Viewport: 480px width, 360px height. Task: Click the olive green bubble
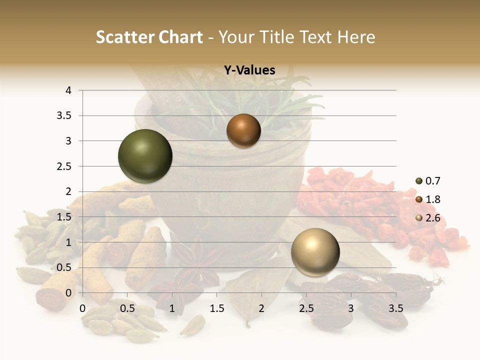(x=145, y=156)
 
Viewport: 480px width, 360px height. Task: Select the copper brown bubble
(x=243, y=131)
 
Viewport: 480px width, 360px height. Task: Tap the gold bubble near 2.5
(x=315, y=252)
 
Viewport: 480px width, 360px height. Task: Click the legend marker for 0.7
(x=418, y=181)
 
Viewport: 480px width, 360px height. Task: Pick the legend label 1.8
(x=433, y=199)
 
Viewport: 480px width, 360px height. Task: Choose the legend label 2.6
(x=433, y=218)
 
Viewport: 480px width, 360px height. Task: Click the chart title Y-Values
(x=249, y=70)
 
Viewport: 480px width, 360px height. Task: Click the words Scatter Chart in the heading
(x=149, y=37)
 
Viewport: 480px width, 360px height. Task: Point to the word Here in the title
(x=356, y=37)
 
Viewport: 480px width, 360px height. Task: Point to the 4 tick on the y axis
(x=68, y=90)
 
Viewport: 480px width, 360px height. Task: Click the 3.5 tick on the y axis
(x=65, y=116)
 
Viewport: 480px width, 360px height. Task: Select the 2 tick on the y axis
(x=68, y=191)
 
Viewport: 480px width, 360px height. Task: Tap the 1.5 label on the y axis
(x=65, y=217)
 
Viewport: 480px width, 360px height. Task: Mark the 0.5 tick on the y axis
(x=65, y=267)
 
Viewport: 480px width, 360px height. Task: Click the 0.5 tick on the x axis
(x=127, y=308)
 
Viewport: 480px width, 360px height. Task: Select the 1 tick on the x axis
(x=172, y=308)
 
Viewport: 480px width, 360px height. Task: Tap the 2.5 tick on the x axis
(x=306, y=308)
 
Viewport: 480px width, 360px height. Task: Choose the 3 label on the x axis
(x=350, y=308)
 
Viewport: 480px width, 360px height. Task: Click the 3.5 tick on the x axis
(x=395, y=308)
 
